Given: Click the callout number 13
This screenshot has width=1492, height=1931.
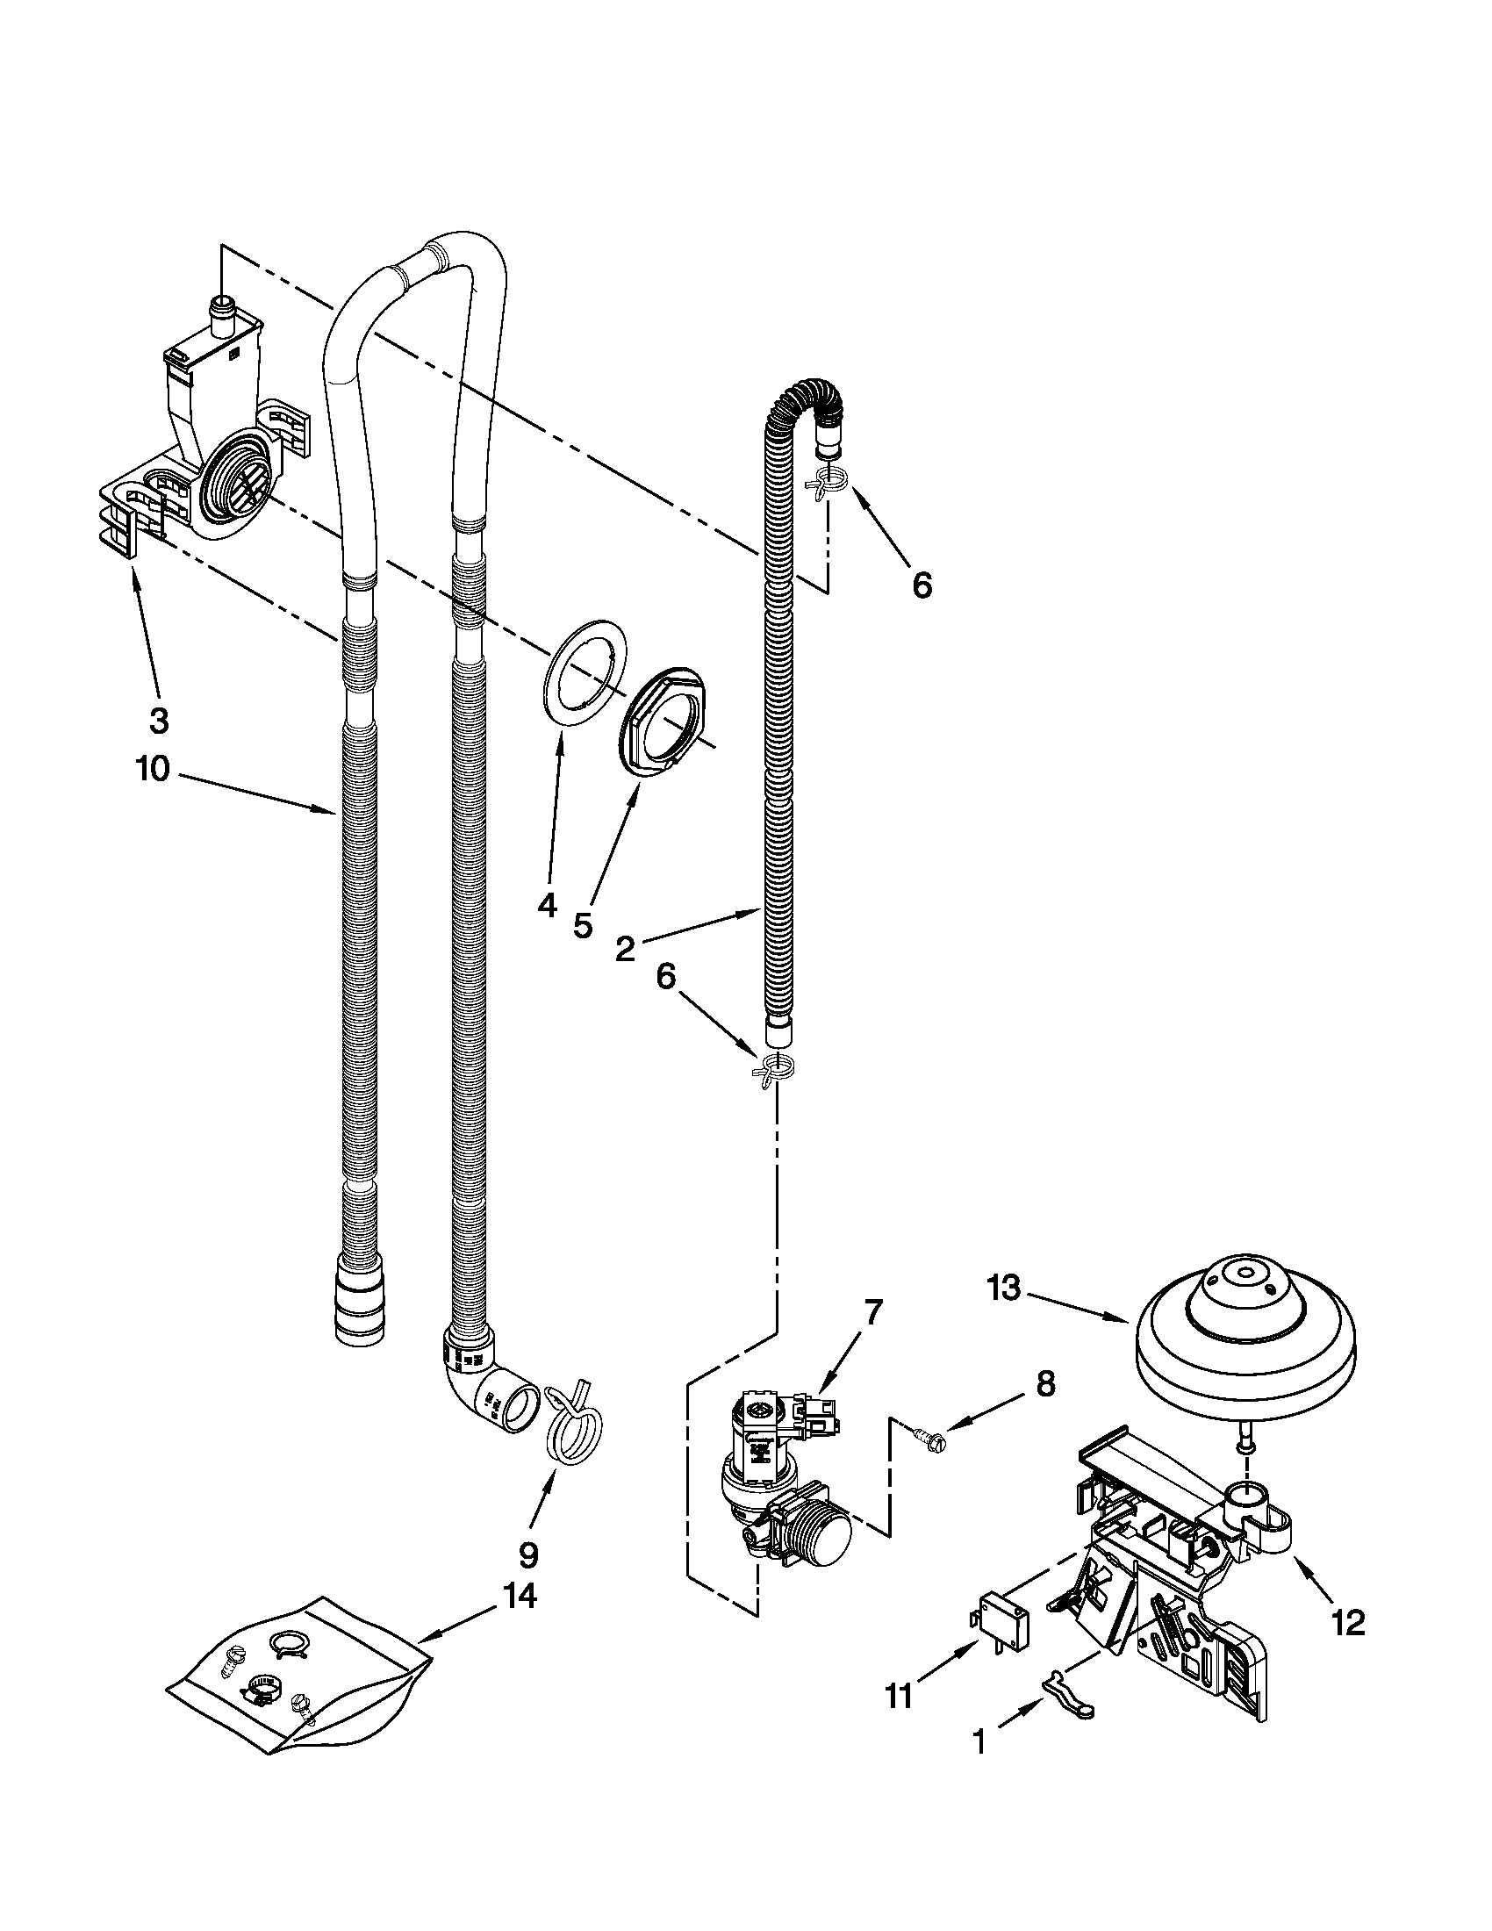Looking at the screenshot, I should tap(1003, 1289).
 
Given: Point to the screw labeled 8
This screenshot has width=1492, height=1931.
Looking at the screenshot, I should tap(929, 1440).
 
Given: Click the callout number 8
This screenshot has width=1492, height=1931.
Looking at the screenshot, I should tap(1045, 1383).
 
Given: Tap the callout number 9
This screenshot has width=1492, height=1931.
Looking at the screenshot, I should tap(527, 1554).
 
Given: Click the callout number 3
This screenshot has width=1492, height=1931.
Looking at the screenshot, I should tap(158, 721).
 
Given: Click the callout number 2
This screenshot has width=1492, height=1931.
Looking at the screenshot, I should tap(624, 949).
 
